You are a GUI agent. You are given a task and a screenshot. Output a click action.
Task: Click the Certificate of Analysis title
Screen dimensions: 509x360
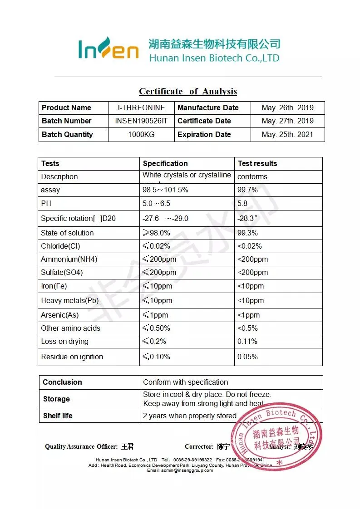click(187, 91)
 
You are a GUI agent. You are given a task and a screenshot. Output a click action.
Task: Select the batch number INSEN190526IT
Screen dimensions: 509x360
click(141, 121)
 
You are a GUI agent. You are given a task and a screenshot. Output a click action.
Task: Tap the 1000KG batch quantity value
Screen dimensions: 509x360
click(141, 135)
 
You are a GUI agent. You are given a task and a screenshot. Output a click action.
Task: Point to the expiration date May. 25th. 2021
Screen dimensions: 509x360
click(287, 135)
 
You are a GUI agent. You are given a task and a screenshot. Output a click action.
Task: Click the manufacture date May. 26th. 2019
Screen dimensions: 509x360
click(287, 108)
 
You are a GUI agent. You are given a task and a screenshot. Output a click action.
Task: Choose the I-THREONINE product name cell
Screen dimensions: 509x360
click(141, 108)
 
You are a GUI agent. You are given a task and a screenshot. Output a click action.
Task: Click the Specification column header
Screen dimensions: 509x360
click(165, 164)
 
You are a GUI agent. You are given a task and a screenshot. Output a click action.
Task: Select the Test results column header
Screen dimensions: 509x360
click(257, 164)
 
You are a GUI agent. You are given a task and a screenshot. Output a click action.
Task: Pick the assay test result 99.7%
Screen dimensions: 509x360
click(247, 190)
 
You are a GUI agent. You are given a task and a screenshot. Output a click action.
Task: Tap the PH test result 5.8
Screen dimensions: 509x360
click(242, 204)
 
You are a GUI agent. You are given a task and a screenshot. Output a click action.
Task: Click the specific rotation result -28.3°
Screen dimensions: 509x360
click(247, 219)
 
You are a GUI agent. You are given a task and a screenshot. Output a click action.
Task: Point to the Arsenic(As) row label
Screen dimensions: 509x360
click(60, 315)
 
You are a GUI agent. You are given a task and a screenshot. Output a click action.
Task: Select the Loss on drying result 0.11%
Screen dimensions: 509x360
click(247, 342)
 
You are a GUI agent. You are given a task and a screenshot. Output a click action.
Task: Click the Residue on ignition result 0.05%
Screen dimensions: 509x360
click(247, 357)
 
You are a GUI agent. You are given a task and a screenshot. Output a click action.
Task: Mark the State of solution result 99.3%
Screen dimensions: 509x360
click(247, 233)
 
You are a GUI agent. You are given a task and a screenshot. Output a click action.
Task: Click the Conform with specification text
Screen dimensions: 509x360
click(185, 382)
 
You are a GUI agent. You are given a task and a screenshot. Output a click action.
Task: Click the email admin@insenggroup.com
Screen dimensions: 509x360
click(180, 470)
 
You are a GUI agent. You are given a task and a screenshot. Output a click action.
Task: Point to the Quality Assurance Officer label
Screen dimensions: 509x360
click(81, 447)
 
